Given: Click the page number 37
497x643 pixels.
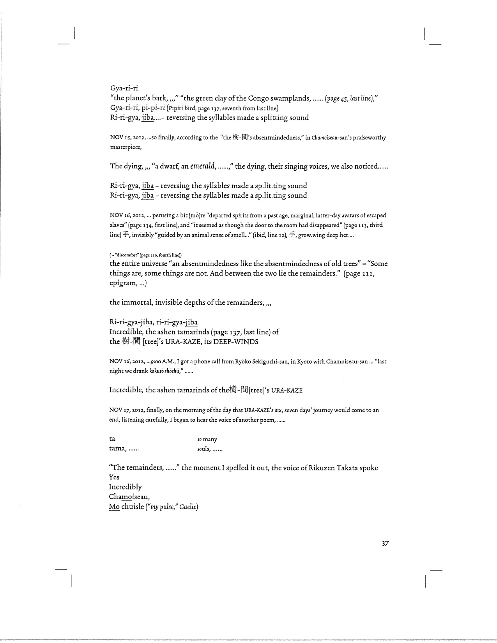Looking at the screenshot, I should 385,544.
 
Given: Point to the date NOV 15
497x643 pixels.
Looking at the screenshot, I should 119,138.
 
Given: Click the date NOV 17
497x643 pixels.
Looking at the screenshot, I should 119,410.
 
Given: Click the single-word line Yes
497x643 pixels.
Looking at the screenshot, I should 114,477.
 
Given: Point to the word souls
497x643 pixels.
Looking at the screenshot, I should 203,449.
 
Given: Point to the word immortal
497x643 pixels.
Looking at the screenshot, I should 136,303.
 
